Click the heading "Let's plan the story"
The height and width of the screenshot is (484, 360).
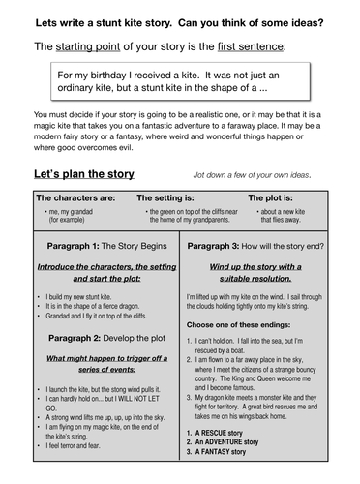click(84, 174)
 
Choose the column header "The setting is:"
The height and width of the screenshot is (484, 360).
click(174, 197)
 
